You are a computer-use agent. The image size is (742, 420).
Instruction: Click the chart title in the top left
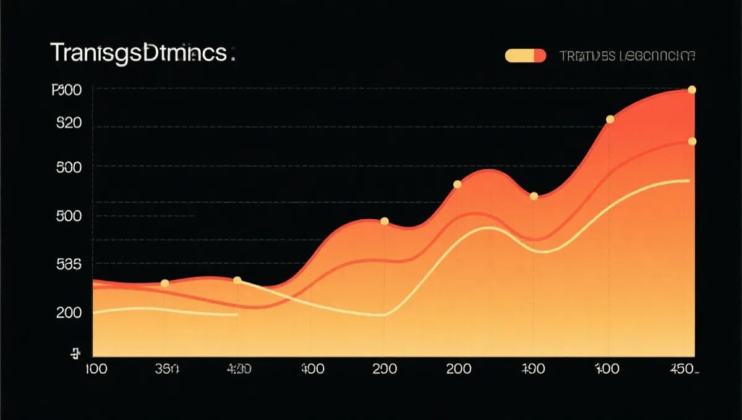click(142, 54)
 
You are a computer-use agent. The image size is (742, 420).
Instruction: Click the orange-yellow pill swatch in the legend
click(526, 56)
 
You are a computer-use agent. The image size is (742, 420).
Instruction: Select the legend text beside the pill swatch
click(627, 56)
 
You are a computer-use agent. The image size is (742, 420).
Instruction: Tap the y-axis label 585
click(69, 265)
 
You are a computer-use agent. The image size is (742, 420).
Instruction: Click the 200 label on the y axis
click(69, 313)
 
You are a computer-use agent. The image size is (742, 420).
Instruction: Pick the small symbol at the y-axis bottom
click(76, 354)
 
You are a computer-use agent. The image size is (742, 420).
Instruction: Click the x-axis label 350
click(166, 369)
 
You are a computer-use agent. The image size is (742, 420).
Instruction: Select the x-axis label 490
click(532, 369)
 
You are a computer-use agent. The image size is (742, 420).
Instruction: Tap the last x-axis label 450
click(684, 369)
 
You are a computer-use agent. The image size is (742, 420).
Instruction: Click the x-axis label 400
click(312, 369)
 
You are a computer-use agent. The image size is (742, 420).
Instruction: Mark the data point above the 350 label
click(164, 283)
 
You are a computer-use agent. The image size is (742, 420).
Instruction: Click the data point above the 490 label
click(534, 196)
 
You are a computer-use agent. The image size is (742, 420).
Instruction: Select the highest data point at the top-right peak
click(692, 90)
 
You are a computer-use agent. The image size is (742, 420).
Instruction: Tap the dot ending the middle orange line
click(692, 141)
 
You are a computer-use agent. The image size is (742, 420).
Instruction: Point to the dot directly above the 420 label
click(237, 280)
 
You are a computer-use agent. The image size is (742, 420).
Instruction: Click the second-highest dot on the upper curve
click(610, 119)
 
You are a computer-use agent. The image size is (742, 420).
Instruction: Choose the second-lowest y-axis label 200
click(69, 313)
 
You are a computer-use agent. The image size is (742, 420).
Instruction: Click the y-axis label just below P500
click(69, 123)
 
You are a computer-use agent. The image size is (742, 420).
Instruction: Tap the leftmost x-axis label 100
click(95, 369)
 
